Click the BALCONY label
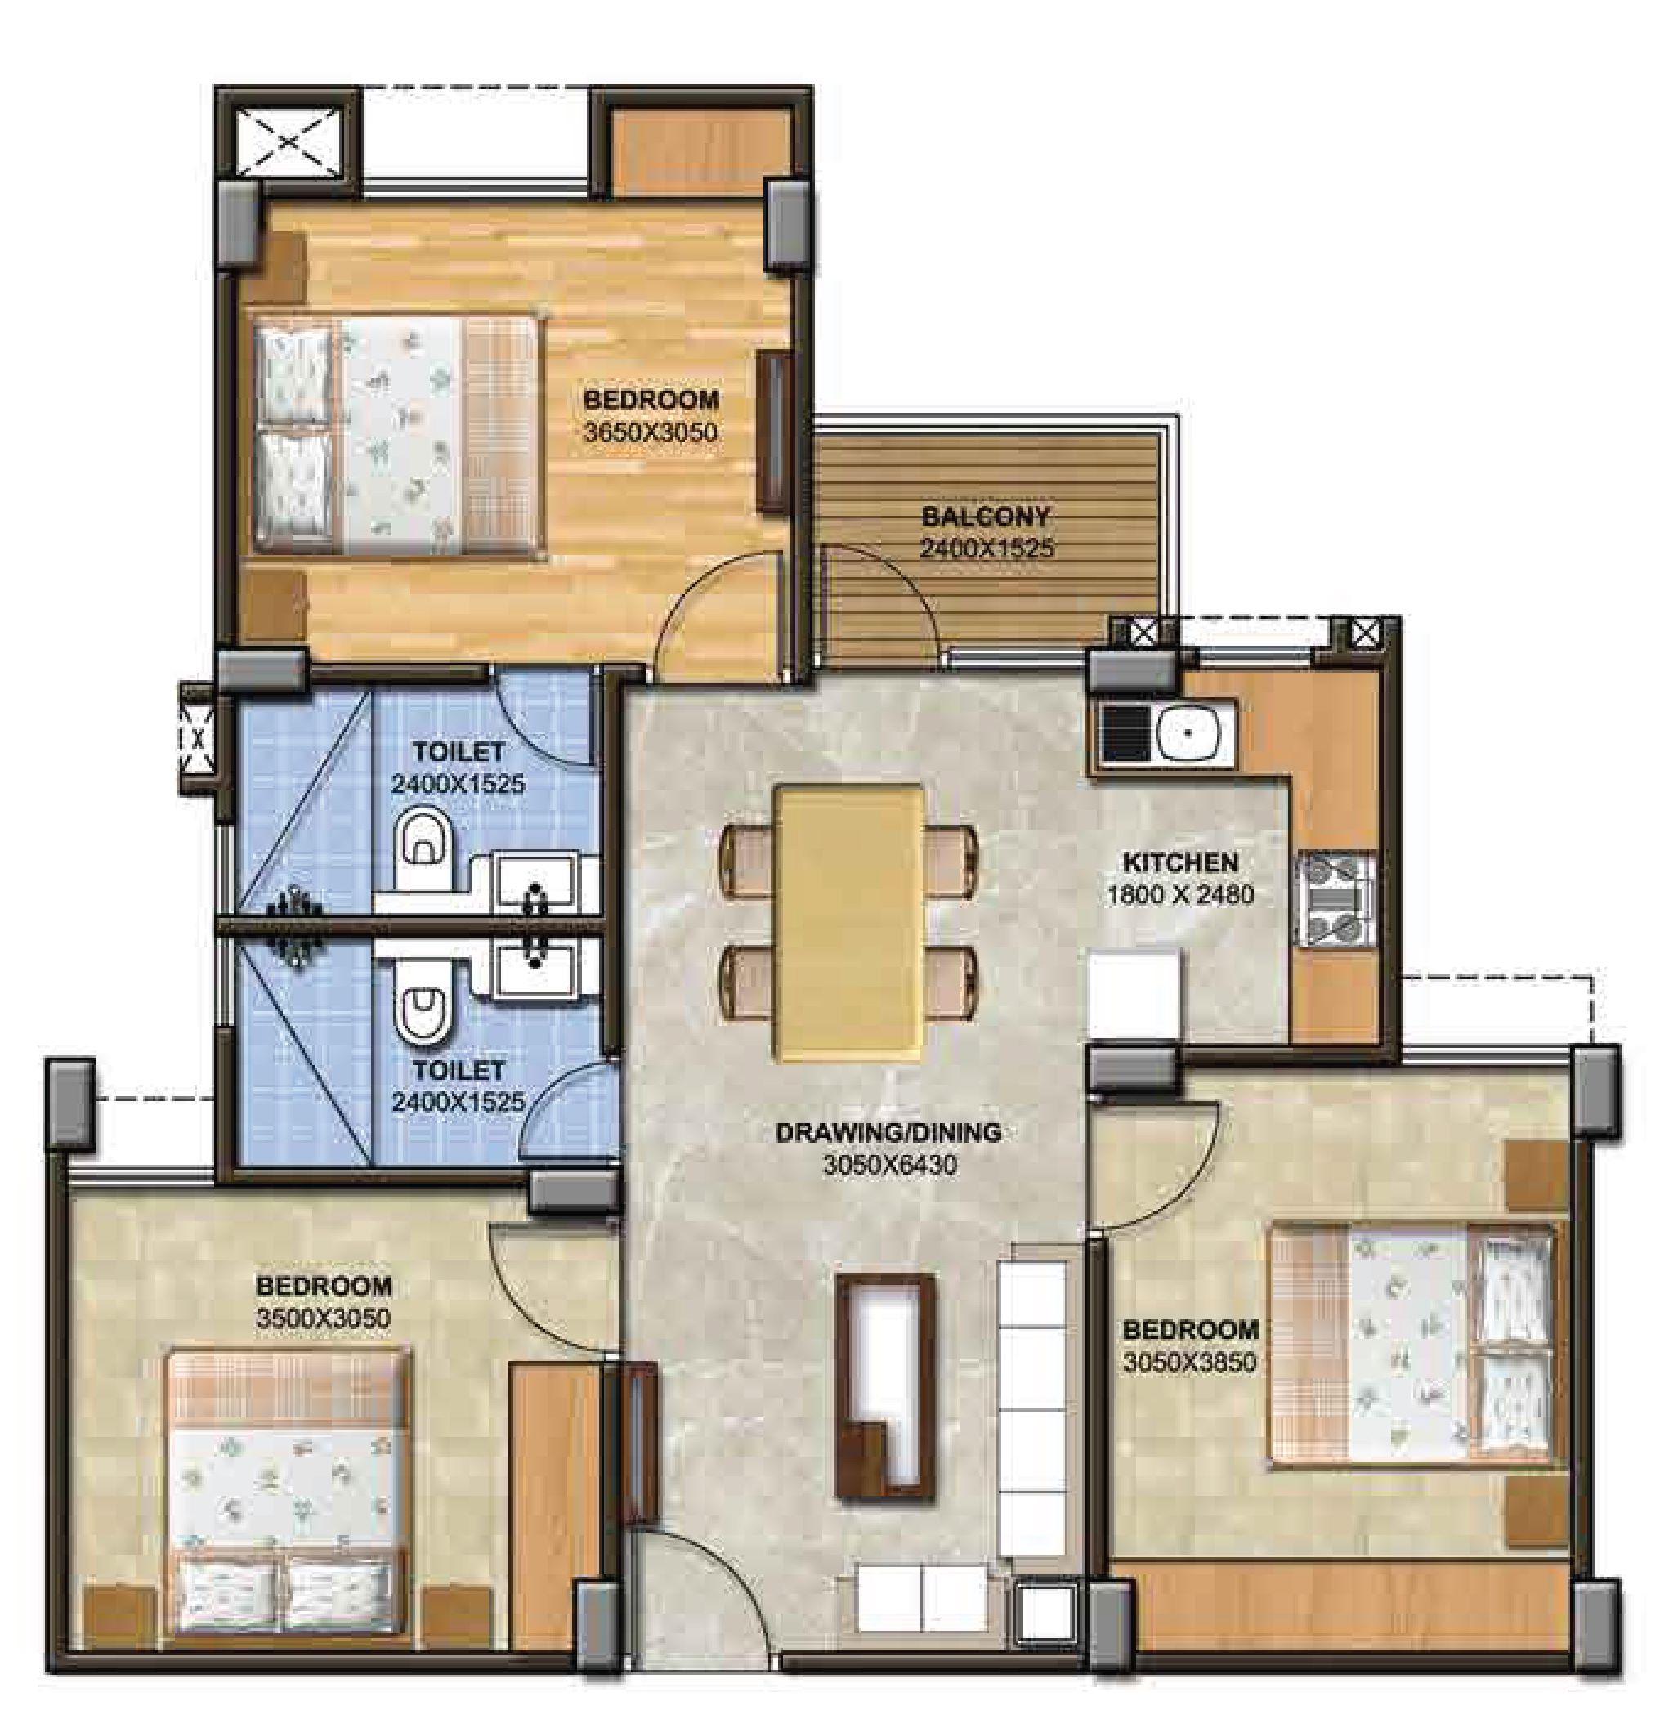[986, 515]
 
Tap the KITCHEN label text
[1179, 862]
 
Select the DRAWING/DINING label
[888, 1132]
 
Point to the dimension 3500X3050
[324, 1318]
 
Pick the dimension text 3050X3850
[1189, 1362]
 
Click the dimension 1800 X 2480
[1179, 895]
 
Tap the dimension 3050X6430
[889, 1165]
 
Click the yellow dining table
[849, 923]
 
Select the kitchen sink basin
[1188, 732]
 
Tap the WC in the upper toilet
[423, 848]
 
